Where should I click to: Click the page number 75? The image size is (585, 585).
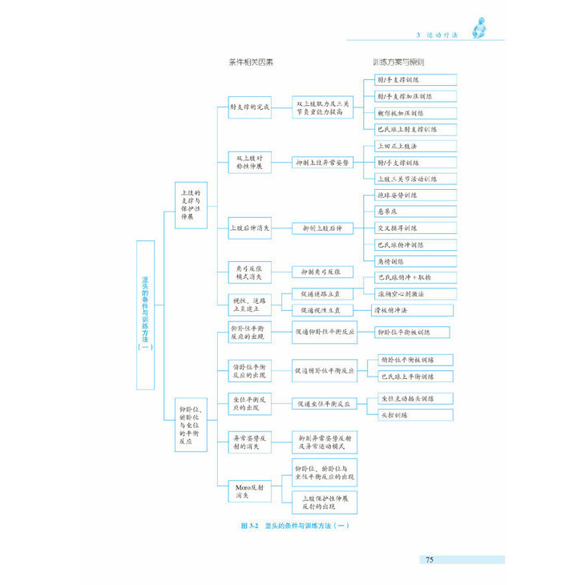tap(430, 559)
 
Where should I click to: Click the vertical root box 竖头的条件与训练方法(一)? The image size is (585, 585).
tap(145, 315)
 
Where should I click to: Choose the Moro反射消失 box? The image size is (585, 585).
tap(243, 490)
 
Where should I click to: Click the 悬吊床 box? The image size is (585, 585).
tap(416, 212)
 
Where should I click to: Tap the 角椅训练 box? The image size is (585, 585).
tap(416, 261)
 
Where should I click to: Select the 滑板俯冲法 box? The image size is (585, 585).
tap(400, 309)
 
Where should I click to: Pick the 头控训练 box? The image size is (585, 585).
tap(416, 414)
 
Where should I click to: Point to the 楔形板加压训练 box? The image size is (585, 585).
tap(416, 113)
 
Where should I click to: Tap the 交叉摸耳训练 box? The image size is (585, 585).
tap(416, 228)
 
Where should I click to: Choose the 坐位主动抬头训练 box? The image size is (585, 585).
tap(416, 398)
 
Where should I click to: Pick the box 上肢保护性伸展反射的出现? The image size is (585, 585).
tap(325, 502)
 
